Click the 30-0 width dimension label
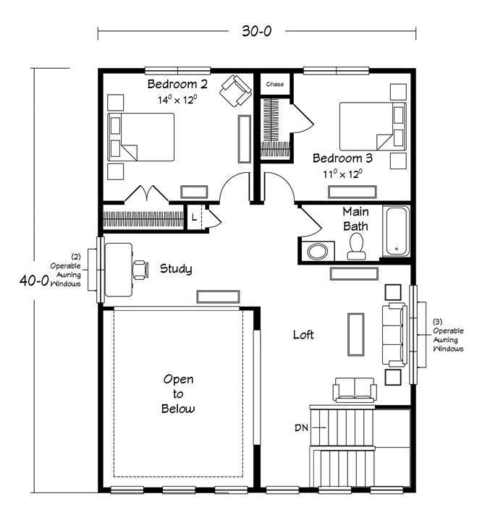[x=256, y=32]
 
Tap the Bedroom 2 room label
[x=177, y=85]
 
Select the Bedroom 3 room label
[x=342, y=158]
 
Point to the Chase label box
[x=275, y=85]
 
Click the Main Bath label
[x=355, y=219]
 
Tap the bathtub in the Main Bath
[x=397, y=231]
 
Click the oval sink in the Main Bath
[x=317, y=252]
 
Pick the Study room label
[x=176, y=269]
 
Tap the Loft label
[x=303, y=334]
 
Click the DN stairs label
[x=302, y=428]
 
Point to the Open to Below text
[x=178, y=393]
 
